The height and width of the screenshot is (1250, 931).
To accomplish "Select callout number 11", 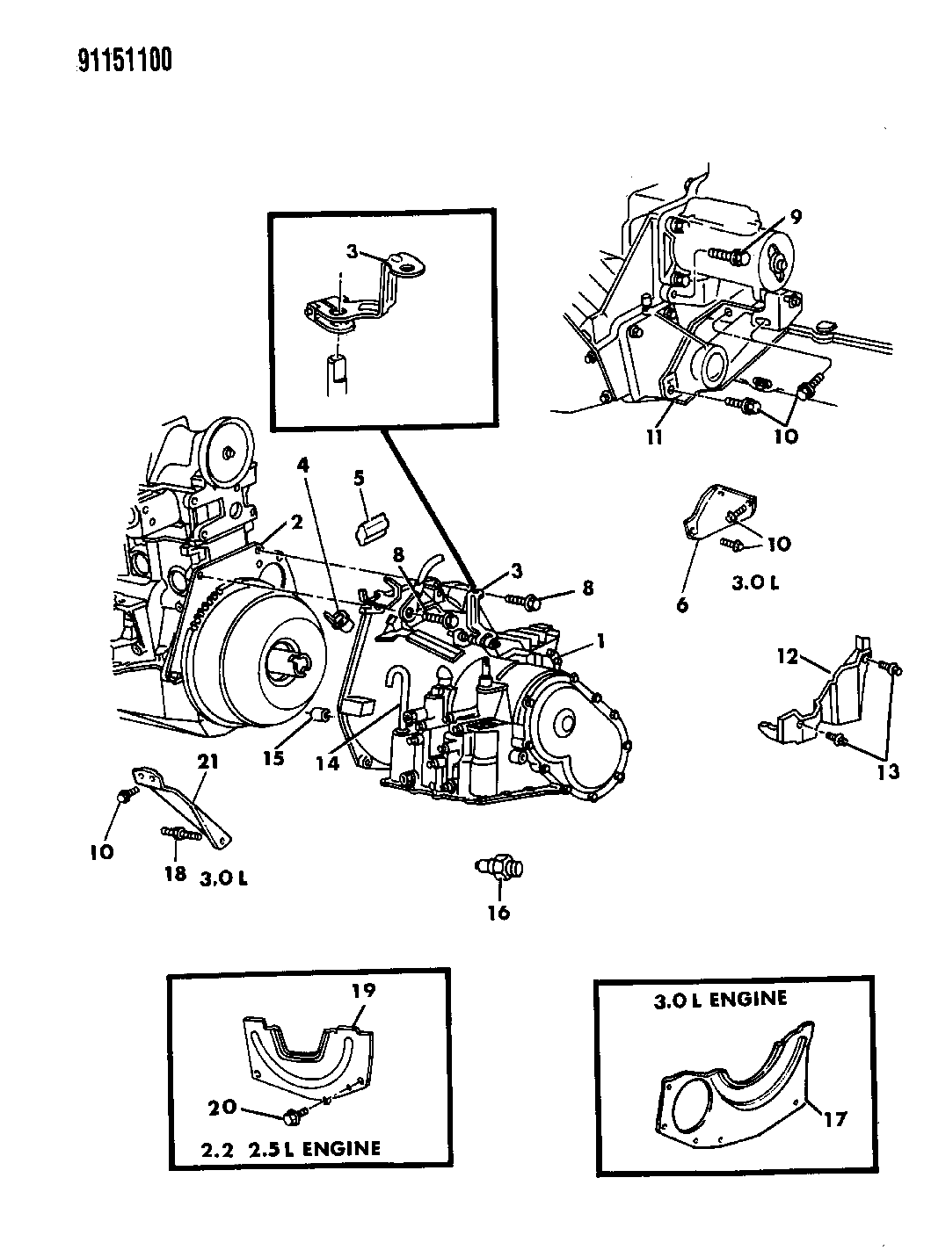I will tap(653, 436).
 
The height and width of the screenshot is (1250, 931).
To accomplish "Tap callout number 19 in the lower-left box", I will tap(365, 990).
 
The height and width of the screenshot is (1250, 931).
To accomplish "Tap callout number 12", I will tap(786, 655).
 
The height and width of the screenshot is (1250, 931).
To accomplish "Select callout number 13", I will tap(888, 771).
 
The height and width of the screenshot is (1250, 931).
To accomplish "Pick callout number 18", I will tap(175, 873).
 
